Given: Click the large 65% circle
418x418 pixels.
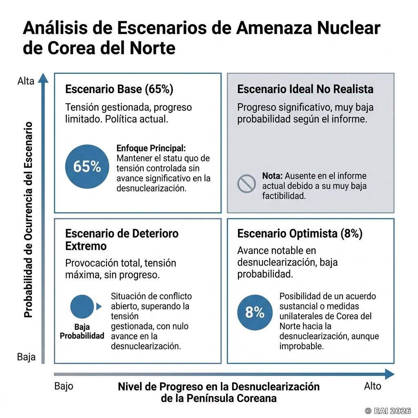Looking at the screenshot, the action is [87, 167].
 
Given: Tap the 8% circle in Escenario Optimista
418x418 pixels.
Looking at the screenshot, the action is [255, 312].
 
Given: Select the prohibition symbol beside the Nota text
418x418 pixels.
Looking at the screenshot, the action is [246, 184].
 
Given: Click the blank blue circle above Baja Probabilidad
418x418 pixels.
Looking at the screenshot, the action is [82, 307].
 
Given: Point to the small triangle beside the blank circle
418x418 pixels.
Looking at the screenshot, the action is [99, 307].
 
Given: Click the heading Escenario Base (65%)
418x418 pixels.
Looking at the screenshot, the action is [119, 89].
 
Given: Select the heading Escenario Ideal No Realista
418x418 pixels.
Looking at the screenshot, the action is [305, 89].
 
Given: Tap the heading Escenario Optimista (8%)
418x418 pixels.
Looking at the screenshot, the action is [300, 233].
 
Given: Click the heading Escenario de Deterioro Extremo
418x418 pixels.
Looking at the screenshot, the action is [122, 240].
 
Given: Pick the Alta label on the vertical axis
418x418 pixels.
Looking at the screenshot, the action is [26, 81].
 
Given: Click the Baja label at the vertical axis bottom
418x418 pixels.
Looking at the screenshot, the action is [26, 357].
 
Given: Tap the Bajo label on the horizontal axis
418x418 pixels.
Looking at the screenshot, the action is [64, 386].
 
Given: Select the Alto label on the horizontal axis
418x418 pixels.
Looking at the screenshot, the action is [373, 386].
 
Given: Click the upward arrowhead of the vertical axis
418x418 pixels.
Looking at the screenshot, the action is [43, 78].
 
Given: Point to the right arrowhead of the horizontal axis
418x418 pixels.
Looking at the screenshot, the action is [390, 374].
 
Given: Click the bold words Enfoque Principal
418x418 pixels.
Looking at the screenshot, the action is [151, 148].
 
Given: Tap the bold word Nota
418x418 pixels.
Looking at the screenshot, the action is [272, 176].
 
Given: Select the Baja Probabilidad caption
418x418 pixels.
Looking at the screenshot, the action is [82, 331].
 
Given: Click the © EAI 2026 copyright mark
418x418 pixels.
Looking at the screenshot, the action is [388, 411].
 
